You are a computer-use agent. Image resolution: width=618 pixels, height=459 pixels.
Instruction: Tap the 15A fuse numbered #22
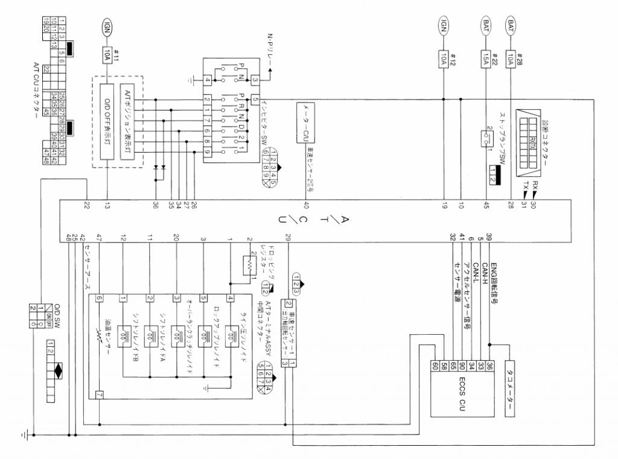pyautogui.click(x=486, y=58)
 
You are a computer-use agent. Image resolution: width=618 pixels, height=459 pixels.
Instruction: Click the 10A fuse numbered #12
pyautogui.click(x=444, y=58)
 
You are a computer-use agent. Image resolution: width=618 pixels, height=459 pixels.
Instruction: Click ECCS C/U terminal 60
pyautogui.click(x=435, y=366)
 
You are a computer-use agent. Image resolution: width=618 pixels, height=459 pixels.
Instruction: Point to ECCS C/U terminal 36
pyautogui.click(x=489, y=366)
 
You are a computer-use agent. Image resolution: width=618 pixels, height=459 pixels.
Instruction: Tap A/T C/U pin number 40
pyautogui.click(x=306, y=206)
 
